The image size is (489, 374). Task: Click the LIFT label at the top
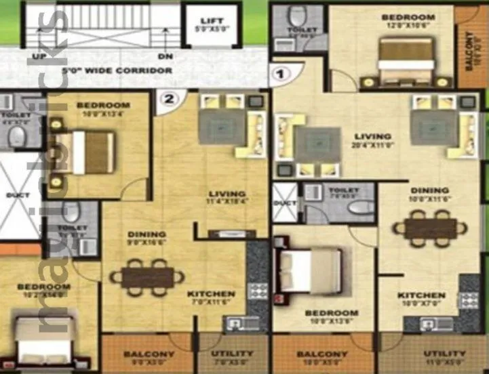[212, 20]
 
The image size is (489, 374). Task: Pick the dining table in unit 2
[147, 278]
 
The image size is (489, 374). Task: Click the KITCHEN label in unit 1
[421, 295]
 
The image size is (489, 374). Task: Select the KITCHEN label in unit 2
[212, 294]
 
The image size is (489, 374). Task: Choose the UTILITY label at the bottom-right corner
[445, 354]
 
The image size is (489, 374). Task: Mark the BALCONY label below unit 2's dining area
[149, 354]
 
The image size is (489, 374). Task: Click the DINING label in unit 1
[429, 190]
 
